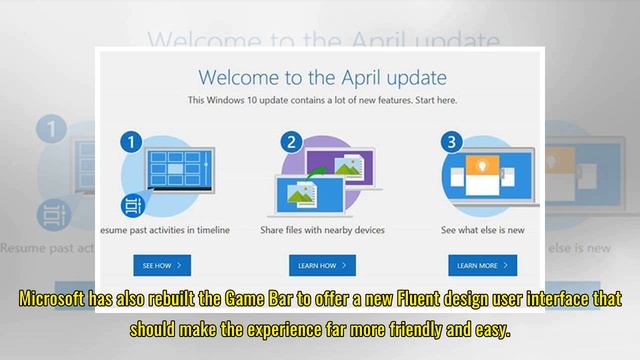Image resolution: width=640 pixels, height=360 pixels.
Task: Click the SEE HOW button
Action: tap(163, 265)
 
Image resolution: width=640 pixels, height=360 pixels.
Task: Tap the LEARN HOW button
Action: tap(319, 265)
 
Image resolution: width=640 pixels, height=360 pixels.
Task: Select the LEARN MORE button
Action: tap(482, 265)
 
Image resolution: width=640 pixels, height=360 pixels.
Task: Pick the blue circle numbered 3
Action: tap(451, 141)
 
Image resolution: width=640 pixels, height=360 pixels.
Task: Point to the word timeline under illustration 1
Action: tap(211, 229)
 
